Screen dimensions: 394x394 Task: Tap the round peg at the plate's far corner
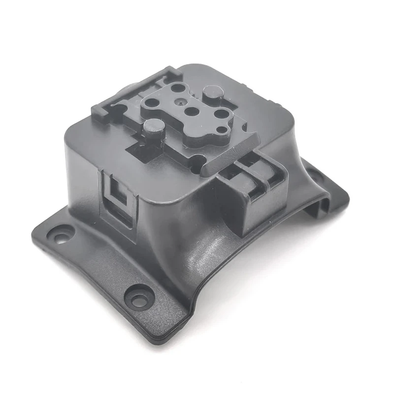tap(212, 93)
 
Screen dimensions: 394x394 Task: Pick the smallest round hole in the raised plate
tap(223, 130)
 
